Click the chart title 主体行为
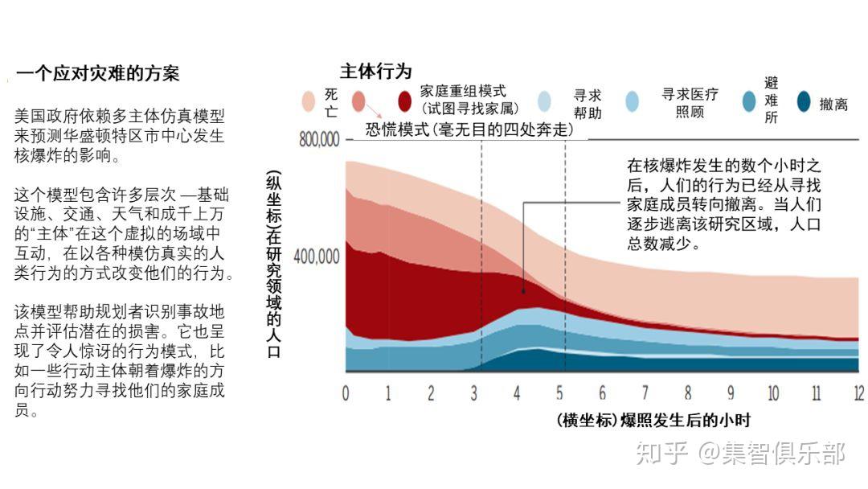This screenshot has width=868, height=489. (x=375, y=71)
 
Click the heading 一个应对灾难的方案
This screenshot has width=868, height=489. (x=97, y=74)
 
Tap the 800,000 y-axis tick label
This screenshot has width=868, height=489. (x=319, y=140)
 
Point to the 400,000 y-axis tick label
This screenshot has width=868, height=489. (x=319, y=257)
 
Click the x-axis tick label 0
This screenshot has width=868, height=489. (x=346, y=393)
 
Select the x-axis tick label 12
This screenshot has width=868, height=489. (x=858, y=393)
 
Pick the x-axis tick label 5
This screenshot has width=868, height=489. (x=559, y=393)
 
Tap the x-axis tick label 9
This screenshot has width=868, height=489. (x=731, y=393)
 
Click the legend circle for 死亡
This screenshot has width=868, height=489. (x=309, y=101)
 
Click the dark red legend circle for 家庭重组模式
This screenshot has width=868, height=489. (x=407, y=101)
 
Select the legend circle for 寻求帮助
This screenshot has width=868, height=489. (x=545, y=101)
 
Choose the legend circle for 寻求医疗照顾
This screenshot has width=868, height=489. (x=632, y=101)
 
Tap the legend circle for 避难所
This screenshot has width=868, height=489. (x=749, y=101)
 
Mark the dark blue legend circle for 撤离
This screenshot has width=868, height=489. (x=803, y=102)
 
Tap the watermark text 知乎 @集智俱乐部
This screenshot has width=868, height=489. (x=739, y=454)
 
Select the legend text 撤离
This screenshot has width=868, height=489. (x=833, y=104)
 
